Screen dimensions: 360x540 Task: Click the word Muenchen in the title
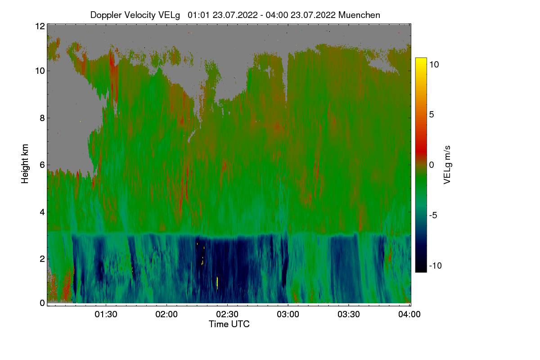(359, 15)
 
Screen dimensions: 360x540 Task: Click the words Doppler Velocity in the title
(119, 15)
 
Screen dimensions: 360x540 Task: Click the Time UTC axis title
(229, 324)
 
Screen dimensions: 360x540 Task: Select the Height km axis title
(25, 164)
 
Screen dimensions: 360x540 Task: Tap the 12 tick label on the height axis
(40, 26)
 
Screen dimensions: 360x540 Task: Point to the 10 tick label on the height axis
(40, 71)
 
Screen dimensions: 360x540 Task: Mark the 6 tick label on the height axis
(42, 165)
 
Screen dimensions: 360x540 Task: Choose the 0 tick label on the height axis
(42, 303)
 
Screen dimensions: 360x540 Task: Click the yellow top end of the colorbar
(421, 61)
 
